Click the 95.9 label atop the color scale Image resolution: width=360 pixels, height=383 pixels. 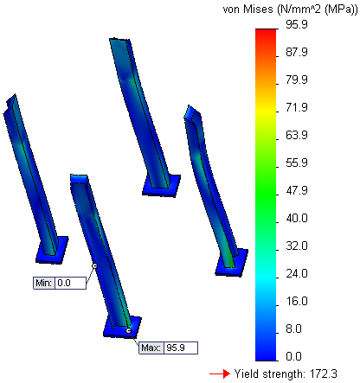[x=297, y=24]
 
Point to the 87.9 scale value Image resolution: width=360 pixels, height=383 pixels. [x=297, y=52]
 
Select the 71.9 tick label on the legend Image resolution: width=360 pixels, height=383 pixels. [x=297, y=107]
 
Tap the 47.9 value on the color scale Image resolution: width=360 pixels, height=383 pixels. [x=297, y=190]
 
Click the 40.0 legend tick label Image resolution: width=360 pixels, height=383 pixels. [x=297, y=218]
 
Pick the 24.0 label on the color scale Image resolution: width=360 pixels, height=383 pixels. [x=297, y=273]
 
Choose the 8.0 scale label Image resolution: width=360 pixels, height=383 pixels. [x=293, y=329]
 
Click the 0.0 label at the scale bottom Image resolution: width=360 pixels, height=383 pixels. [x=293, y=356]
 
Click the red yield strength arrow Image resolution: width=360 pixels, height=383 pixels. [x=220, y=374]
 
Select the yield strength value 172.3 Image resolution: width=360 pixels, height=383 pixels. [x=323, y=373]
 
